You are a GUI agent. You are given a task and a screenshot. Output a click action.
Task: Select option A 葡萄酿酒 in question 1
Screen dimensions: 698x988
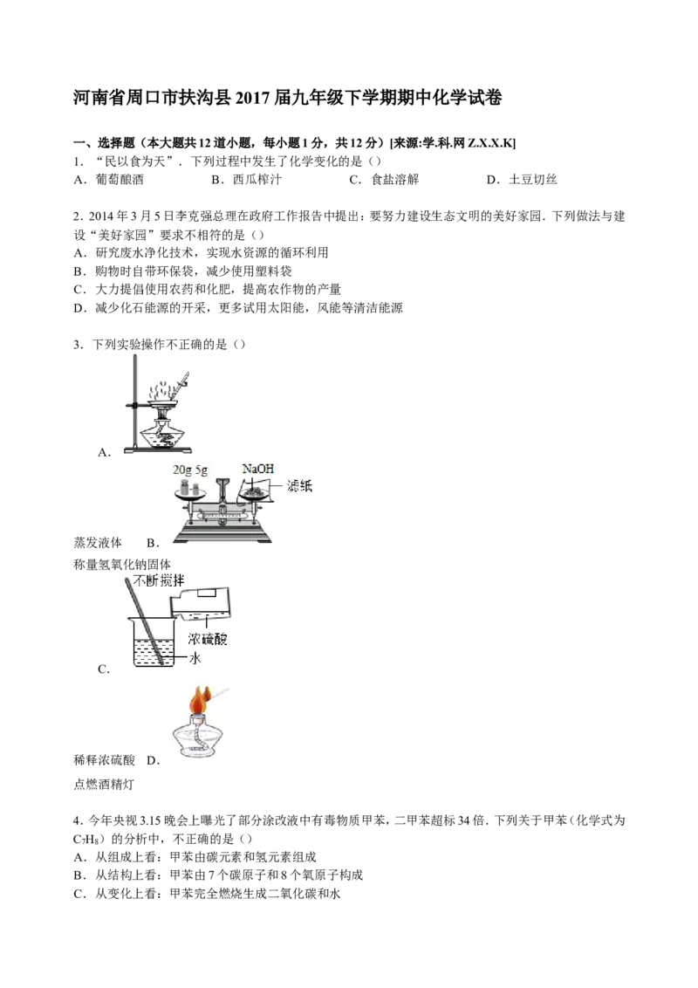click(108, 180)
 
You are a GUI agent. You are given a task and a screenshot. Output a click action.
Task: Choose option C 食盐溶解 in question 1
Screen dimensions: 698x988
click(384, 180)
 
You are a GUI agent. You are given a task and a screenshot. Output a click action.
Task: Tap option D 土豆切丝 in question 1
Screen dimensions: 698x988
click(522, 180)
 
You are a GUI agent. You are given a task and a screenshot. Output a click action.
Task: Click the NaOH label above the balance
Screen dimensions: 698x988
click(258, 469)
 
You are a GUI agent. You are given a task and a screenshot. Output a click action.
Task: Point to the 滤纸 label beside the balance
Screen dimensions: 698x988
click(299, 486)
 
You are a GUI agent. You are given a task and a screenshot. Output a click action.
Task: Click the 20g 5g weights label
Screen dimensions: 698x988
click(190, 470)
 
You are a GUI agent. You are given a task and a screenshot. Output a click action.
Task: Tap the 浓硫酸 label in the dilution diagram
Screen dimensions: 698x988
click(208, 639)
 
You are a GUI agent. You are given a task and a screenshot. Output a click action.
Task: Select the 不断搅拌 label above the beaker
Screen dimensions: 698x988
click(159, 580)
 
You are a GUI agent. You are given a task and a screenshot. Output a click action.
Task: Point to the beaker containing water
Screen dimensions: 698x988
click(151, 642)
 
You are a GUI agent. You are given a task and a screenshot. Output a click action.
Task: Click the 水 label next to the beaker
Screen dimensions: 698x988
click(195, 658)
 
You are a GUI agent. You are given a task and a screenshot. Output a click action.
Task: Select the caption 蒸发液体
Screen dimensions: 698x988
click(98, 543)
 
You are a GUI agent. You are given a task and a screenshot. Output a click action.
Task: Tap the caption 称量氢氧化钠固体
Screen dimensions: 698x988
click(122, 565)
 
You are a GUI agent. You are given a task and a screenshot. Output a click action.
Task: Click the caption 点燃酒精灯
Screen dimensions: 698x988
click(104, 785)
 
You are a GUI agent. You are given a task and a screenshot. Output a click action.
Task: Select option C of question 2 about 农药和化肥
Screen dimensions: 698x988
click(208, 289)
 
